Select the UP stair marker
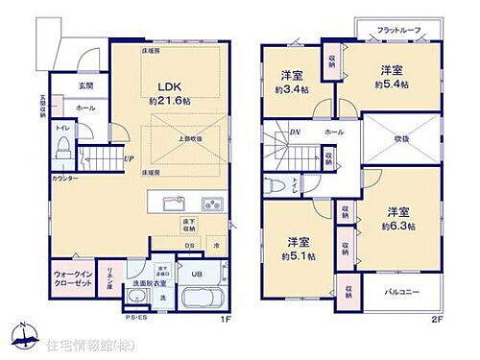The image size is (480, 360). (x=128, y=159)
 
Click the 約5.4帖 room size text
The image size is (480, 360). (x=391, y=84)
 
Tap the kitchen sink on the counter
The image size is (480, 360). (x=174, y=204)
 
